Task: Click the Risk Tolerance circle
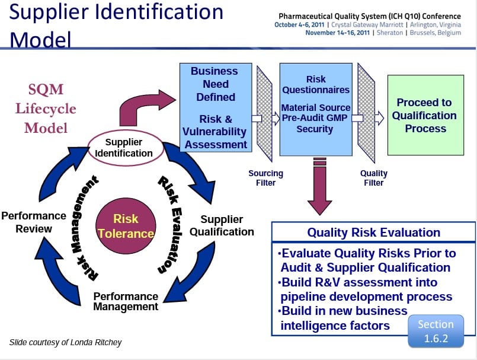pyautogui.click(x=126, y=226)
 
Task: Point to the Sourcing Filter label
pyautogui.click(x=265, y=178)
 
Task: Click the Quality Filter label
pyautogui.click(x=373, y=178)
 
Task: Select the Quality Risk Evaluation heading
pyautogui.click(x=373, y=232)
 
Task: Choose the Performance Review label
pyautogui.click(x=33, y=222)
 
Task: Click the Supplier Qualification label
pyautogui.click(x=222, y=225)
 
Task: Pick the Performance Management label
pyautogui.click(x=126, y=301)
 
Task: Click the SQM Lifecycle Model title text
pyautogui.click(x=46, y=109)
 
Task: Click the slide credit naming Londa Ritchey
pyautogui.click(x=65, y=342)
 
